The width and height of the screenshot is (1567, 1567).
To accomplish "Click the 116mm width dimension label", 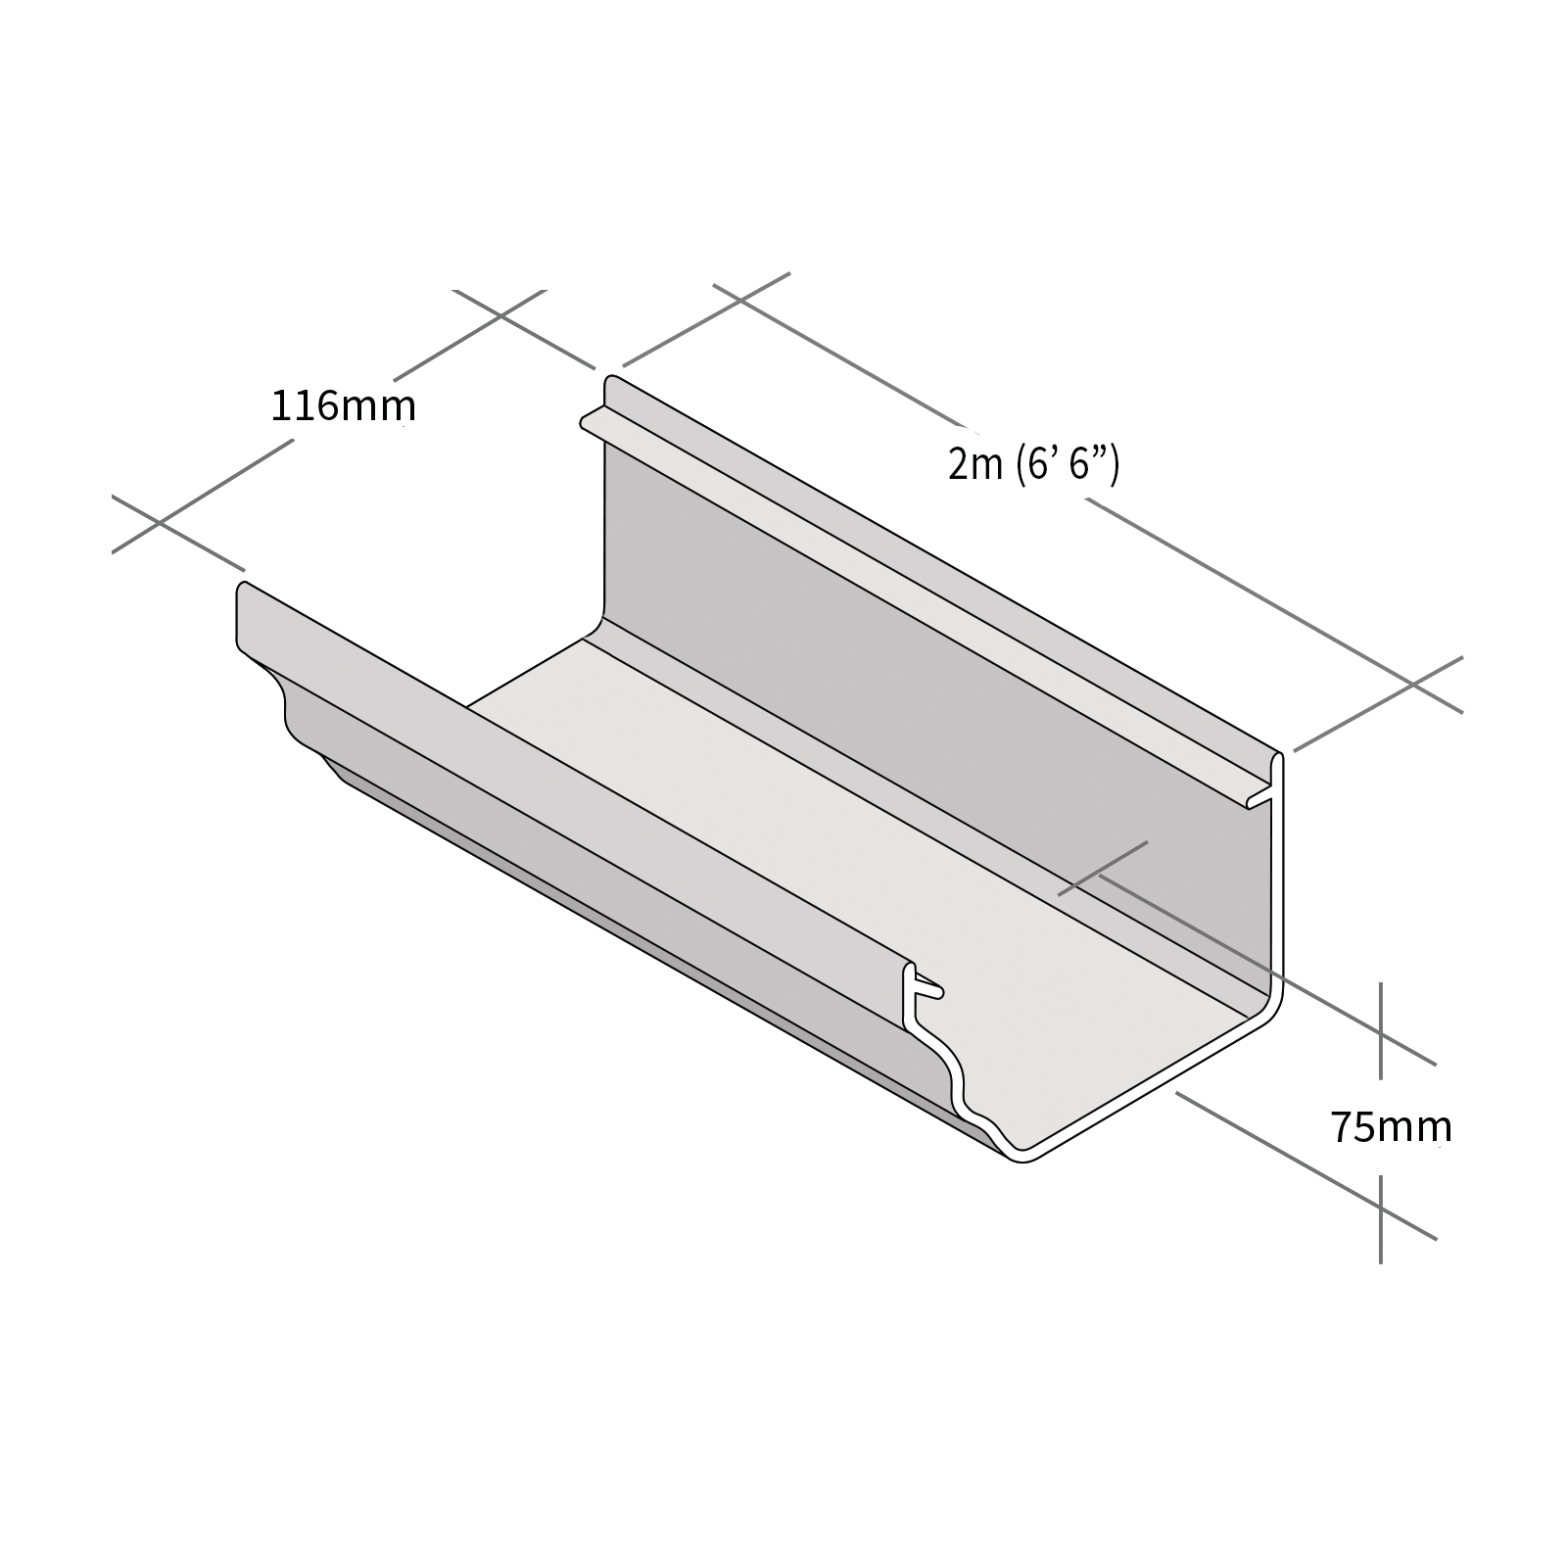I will pyautogui.click(x=343, y=405).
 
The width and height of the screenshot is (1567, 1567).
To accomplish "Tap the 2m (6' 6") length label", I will pyautogui.click(x=1032, y=463).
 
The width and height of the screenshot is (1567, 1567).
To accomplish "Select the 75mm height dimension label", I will pyautogui.click(x=1390, y=1128).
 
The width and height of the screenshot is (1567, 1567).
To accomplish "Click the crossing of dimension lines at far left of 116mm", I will pyautogui.click(x=160, y=523).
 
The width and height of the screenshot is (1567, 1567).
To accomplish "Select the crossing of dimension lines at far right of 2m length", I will pyautogui.click(x=1412, y=685).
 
